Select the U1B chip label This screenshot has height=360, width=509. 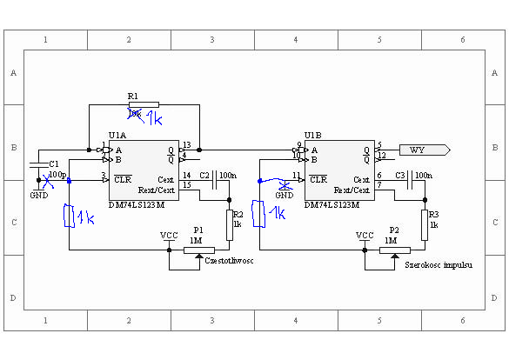click(312, 137)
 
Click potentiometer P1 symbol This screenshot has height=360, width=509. click(201, 250)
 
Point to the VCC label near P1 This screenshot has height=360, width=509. click(169, 235)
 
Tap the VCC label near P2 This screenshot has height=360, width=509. click(365, 235)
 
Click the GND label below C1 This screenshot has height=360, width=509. click(39, 196)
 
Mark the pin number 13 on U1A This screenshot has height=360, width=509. click(187, 144)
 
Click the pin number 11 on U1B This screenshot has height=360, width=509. click(296, 177)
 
